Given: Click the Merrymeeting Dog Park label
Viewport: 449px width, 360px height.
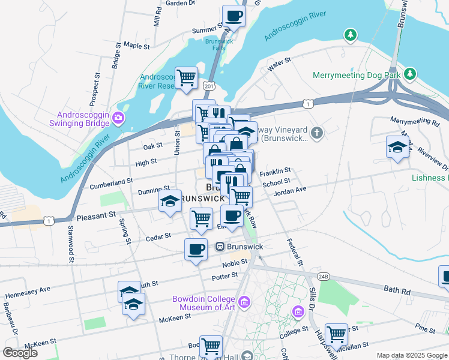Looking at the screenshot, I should tap(356, 75).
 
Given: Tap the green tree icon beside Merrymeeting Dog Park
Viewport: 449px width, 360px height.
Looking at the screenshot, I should tap(410, 74).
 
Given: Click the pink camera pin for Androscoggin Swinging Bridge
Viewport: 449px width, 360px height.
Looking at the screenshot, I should tap(119, 119).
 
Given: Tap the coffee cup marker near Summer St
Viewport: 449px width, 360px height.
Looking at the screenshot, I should tap(234, 16).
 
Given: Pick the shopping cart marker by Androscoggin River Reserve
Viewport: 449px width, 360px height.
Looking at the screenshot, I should tap(187, 77).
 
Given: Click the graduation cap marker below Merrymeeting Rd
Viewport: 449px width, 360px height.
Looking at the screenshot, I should tap(397, 147).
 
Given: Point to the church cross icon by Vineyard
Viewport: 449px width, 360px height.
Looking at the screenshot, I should tap(318, 131).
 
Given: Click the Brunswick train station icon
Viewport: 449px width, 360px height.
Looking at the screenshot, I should tap(220, 247).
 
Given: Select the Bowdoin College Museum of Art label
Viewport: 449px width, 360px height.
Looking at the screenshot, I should tap(205, 303).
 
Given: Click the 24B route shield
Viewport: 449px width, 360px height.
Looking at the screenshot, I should tap(324, 276).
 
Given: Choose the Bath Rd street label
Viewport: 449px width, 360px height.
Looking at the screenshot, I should tap(396, 290).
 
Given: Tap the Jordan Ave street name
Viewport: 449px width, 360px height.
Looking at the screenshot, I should tap(290, 191).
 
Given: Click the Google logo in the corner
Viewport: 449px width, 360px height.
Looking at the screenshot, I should tap(20, 353).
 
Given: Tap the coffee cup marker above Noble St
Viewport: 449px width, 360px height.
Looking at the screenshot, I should tap(196, 248).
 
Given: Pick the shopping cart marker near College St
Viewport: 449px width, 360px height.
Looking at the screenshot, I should tap(336, 334).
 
